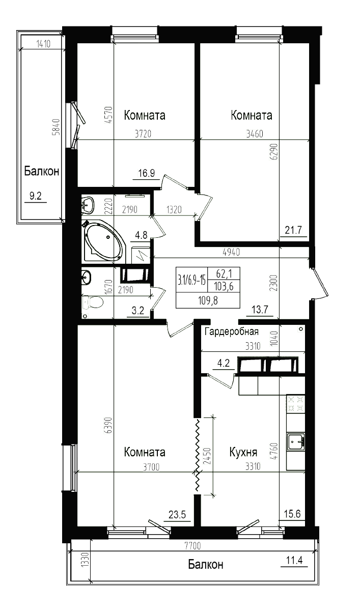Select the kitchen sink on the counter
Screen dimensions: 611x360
pyautogui.click(x=295, y=441)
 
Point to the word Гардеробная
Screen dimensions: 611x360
pyautogui.click(x=232, y=332)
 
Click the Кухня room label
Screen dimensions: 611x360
pyautogui.click(x=243, y=452)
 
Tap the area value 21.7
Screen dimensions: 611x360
pyautogui.click(x=294, y=230)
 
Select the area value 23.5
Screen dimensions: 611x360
pyautogui.click(x=177, y=515)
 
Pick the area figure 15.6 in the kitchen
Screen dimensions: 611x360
pyautogui.click(x=292, y=515)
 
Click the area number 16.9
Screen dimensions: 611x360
pyautogui.click(x=147, y=174)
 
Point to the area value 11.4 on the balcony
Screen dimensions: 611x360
pyautogui.click(x=294, y=561)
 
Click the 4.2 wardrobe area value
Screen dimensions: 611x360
pyautogui.click(x=223, y=364)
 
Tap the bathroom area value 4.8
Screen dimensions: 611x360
pyautogui.click(x=141, y=235)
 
